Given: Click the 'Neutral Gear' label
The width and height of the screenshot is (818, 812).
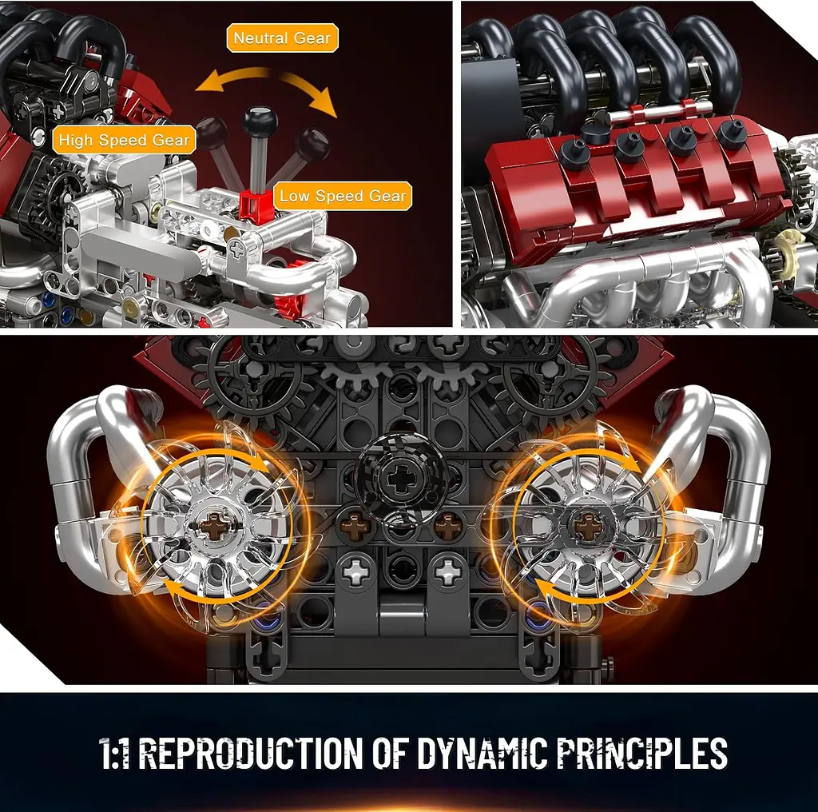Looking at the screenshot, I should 283,38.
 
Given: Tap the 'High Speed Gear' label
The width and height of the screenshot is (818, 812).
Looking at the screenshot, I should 124,141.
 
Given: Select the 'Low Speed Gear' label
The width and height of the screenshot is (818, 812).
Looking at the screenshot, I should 343,197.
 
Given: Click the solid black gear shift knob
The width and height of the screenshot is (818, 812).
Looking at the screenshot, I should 260,121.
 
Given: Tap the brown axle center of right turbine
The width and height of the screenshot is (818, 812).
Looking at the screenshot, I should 589,527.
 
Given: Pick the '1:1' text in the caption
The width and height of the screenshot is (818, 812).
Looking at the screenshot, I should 117,754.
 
